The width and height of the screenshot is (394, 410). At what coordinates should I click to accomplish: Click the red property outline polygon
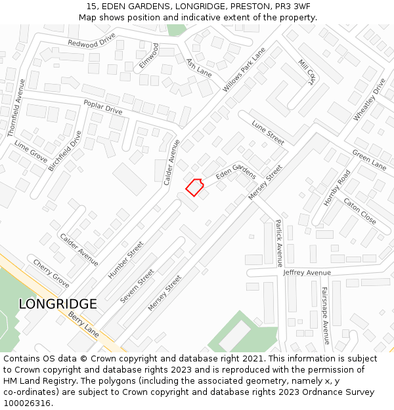click(x=194, y=187)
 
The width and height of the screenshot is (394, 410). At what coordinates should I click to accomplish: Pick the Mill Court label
click(x=307, y=72)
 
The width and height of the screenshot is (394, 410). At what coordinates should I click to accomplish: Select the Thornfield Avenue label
click(x=16, y=108)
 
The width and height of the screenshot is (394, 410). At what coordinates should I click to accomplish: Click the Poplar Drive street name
click(x=103, y=106)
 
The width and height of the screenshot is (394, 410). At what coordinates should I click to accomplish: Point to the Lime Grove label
click(x=31, y=152)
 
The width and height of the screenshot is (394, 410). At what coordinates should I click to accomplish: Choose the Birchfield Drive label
click(x=65, y=151)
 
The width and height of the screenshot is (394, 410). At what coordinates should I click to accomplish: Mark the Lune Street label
click(x=267, y=132)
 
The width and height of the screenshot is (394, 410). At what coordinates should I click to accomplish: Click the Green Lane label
click(x=369, y=159)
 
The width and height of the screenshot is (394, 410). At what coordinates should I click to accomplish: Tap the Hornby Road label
click(x=337, y=188)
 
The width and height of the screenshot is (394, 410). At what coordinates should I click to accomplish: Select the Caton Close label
click(x=360, y=211)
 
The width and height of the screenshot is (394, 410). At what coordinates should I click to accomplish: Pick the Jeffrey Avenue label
click(x=307, y=272)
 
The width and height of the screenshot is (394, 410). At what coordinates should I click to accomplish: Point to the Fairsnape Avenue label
click(x=324, y=315)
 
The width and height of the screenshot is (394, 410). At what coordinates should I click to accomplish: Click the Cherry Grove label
click(x=51, y=274)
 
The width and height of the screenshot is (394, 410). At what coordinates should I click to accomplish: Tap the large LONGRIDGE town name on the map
click(x=58, y=304)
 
